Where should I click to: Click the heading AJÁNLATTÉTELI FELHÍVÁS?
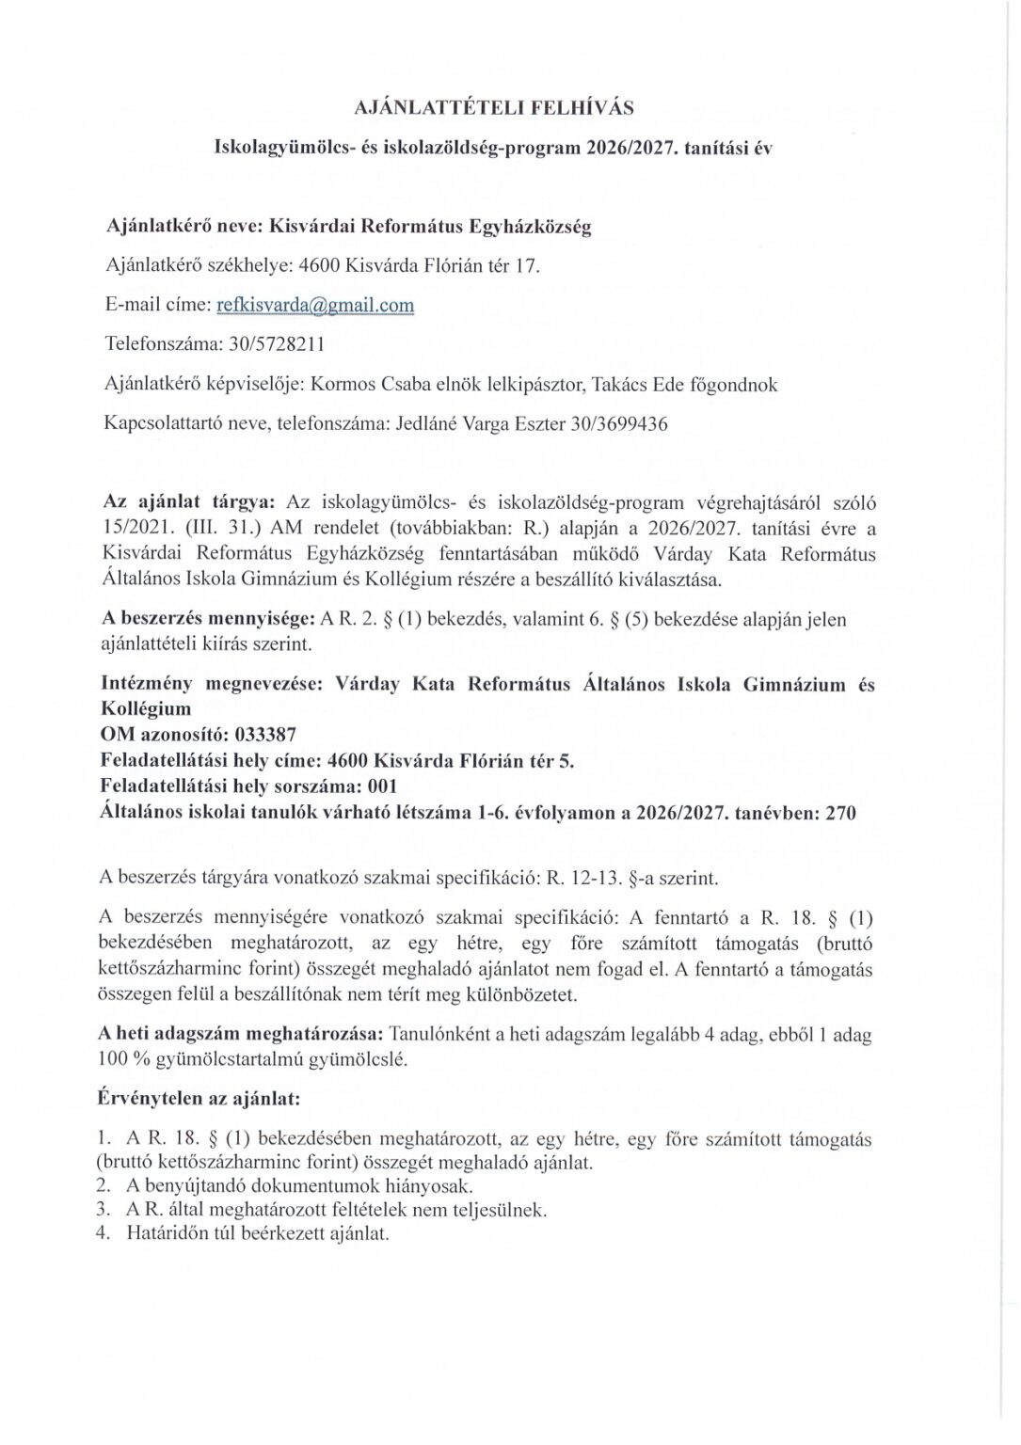click(493, 107)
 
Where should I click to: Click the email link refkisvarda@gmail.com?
click(315, 305)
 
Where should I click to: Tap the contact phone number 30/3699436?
click(619, 423)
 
